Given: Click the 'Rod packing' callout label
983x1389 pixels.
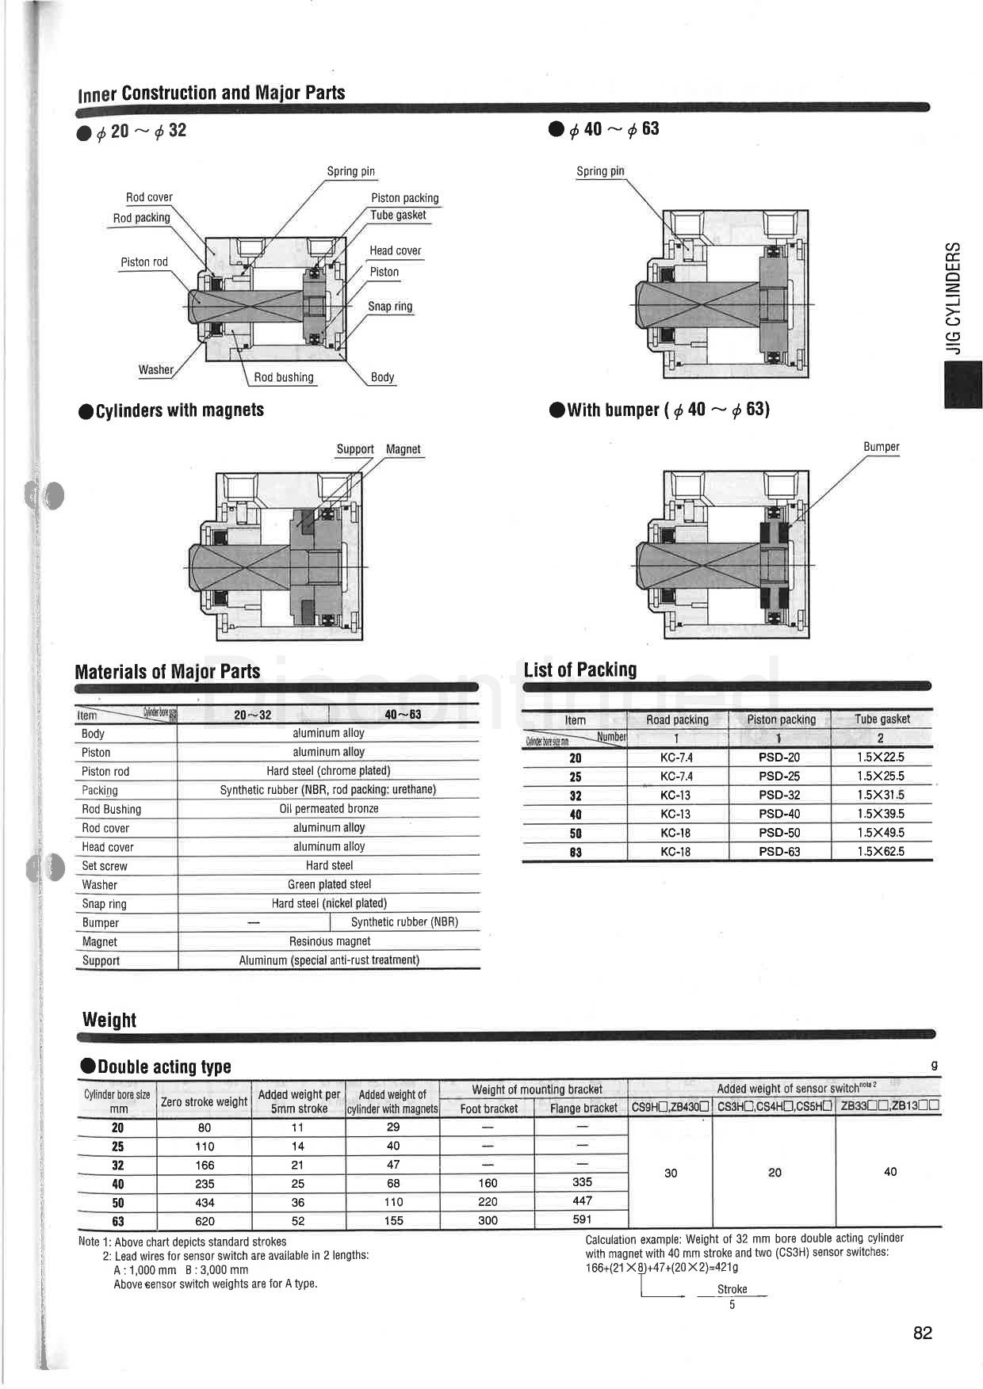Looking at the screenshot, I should tap(141, 218).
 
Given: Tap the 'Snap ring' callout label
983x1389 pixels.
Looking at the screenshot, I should tap(390, 307).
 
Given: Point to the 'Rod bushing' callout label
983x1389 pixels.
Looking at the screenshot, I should tap(284, 377).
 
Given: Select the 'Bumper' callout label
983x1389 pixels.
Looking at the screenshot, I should tap(881, 447).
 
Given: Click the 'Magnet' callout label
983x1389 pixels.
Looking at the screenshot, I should tap(403, 449).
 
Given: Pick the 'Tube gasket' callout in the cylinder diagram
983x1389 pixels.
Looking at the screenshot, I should tap(398, 215).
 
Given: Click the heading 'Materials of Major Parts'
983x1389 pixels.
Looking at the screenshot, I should tap(167, 672).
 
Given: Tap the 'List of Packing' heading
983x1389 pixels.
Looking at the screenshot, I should tap(579, 670).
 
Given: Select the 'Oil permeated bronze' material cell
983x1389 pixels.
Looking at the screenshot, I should tap(328, 809).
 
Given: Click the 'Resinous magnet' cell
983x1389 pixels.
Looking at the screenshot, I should tap(329, 941).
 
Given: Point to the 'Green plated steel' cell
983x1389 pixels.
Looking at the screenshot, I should tap(329, 884).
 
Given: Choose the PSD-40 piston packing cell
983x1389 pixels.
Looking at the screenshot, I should tap(779, 814).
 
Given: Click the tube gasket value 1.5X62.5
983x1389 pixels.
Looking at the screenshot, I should tap(880, 852).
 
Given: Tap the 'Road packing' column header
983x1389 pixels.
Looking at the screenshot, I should tap(677, 719).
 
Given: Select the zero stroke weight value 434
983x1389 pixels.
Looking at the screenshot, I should tap(205, 1203).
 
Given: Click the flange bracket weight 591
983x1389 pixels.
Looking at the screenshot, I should tap(582, 1220).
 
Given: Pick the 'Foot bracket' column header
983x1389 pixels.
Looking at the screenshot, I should tap(488, 1109).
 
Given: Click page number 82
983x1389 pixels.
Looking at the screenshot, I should tap(923, 1333).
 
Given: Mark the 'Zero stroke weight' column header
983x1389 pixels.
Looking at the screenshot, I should tap(204, 1101).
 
